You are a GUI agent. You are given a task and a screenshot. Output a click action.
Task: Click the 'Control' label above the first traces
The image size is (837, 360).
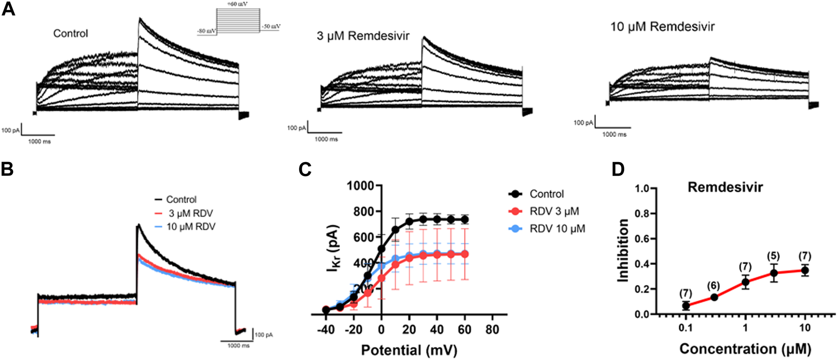tap(70, 34)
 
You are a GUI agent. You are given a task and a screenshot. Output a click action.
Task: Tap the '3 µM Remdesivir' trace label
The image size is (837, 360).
tap(363, 36)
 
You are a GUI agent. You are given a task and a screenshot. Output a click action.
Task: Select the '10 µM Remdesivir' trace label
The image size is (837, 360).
tap(662, 26)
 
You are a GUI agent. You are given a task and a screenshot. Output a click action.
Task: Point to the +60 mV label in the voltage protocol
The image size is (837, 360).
tap(237, 4)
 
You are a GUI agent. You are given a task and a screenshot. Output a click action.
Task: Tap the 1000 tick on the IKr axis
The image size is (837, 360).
tap(361, 186)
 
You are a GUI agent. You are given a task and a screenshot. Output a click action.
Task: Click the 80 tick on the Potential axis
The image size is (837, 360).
tap(492, 329)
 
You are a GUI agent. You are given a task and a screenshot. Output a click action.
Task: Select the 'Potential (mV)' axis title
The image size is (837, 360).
tap(409, 350)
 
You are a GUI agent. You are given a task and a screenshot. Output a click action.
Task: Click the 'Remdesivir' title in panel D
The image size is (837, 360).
tap(725, 188)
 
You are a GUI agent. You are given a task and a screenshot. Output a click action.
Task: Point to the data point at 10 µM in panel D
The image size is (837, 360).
tap(805, 271)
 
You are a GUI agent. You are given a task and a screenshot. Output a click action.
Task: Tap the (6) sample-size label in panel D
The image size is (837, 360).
tap(714, 286)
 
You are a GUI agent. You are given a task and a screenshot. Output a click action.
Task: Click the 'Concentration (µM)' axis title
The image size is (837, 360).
tap(745, 349)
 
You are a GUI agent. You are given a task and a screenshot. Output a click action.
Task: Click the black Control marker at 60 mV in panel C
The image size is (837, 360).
tap(465, 220)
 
